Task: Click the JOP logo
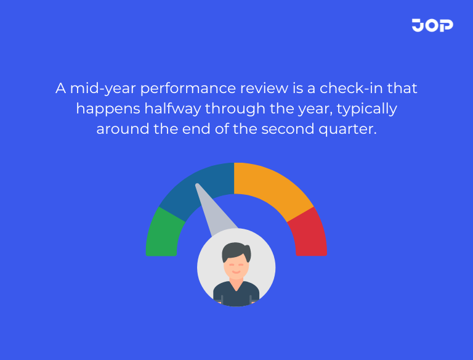432,25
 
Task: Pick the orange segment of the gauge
272,186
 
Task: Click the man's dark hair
236,252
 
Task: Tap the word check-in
341,89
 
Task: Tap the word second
288,131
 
